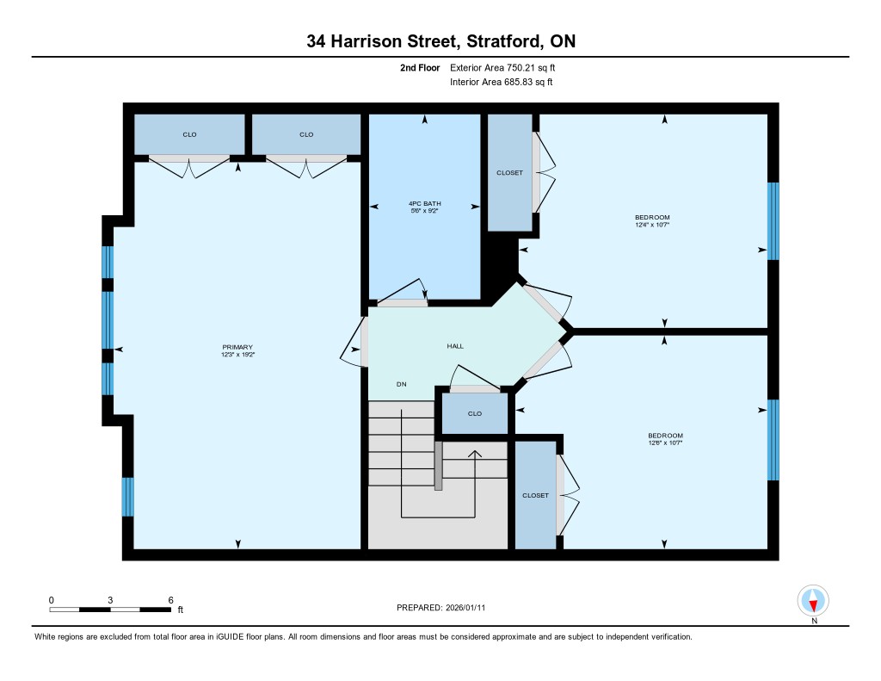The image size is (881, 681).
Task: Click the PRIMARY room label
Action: tap(237, 347)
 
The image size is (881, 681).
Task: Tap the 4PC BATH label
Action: tap(424, 203)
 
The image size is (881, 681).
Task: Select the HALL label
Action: tap(455, 346)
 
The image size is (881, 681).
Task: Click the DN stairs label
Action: tap(401, 384)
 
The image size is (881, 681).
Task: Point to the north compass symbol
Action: tap(813, 601)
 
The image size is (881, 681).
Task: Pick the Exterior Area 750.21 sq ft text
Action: tap(502, 67)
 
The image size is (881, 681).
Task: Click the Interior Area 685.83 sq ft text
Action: tap(502, 82)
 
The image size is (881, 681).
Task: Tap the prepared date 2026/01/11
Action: tap(465, 608)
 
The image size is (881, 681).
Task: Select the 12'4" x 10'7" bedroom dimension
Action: tap(652, 225)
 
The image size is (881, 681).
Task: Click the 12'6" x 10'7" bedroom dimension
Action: tap(665, 443)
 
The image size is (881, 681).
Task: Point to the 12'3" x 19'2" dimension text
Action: tap(237, 355)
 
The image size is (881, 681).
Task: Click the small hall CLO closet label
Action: tap(475, 414)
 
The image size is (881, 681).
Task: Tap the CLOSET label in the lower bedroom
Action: tap(535, 495)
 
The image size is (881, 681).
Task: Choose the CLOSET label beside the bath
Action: tap(509, 173)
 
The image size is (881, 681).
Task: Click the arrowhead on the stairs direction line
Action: tap(475, 454)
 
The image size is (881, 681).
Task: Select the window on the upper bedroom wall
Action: tap(773, 221)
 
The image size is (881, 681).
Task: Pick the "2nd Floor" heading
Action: tap(420, 67)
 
